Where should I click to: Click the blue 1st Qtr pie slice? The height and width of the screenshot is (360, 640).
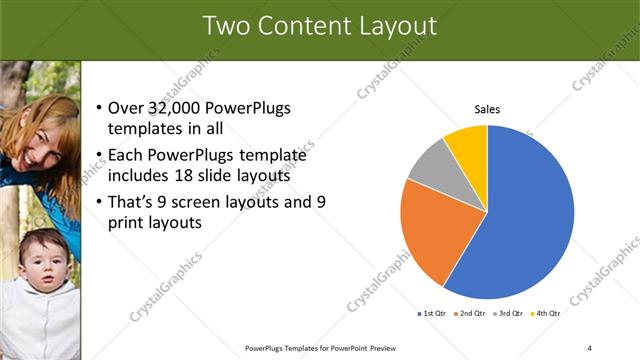[525, 215]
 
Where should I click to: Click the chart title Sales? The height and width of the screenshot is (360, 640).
[487, 109]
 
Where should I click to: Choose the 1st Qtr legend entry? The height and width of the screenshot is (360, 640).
[431, 313]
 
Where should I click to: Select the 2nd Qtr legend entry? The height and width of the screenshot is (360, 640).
[471, 313]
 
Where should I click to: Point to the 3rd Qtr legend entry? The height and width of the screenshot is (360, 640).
[509, 313]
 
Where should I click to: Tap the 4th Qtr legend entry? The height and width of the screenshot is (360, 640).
[547, 313]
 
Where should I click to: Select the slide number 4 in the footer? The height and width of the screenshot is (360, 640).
[590, 347]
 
